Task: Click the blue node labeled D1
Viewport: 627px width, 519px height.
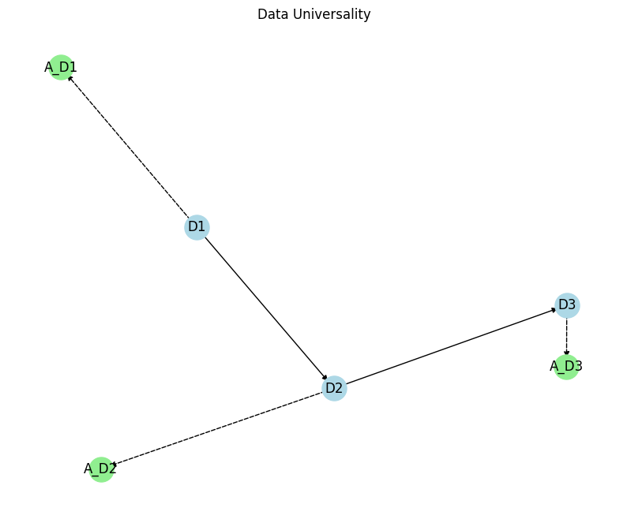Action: tap(196, 227)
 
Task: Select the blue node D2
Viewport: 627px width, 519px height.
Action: tap(334, 388)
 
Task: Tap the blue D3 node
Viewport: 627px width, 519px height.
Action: tap(567, 305)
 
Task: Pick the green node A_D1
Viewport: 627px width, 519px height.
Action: tap(61, 68)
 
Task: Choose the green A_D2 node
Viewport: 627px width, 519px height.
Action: tap(100, 469)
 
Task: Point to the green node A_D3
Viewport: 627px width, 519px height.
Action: tap(566, 367)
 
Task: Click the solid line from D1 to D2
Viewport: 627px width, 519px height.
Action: tap(265, 308)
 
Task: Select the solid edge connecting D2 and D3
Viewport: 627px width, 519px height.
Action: tap(450, 347)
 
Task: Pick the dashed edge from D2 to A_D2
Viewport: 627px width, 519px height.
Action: tap(217, 428)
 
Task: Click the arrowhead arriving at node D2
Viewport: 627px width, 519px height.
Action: tap(325, 377)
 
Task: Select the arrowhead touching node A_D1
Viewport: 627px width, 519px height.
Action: tap(70, 78)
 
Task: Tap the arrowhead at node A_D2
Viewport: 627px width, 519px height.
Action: tap(115, 465)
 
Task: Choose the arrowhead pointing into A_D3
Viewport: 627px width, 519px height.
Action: tap(567, 353)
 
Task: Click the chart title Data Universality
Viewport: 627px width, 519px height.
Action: tap(313, 15)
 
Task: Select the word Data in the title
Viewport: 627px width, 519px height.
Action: tap(271, 15)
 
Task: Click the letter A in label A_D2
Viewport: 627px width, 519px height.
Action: tap(88, 469)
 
